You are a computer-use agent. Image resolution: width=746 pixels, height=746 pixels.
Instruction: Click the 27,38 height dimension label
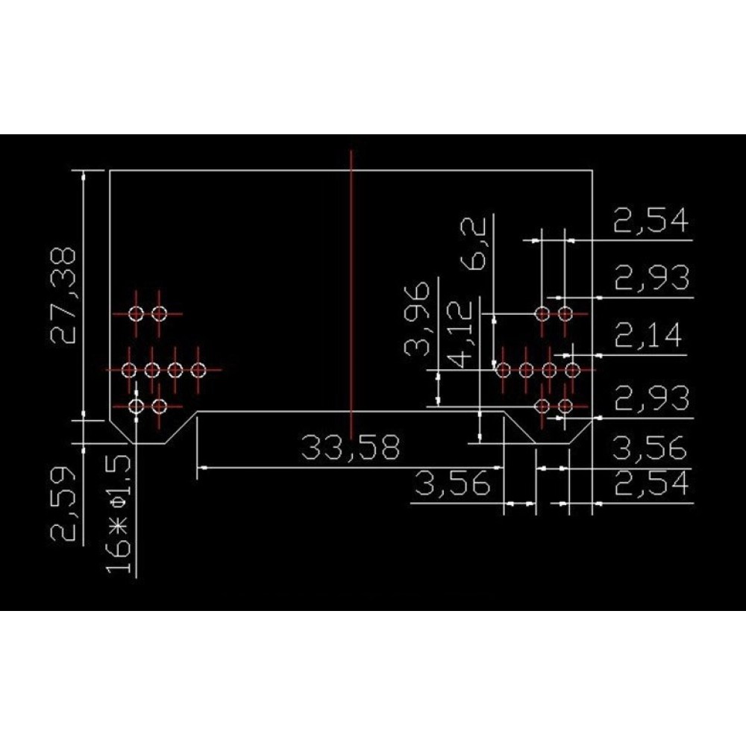coord(63,295)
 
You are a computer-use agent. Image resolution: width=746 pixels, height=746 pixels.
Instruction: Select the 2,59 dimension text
coord(63,504)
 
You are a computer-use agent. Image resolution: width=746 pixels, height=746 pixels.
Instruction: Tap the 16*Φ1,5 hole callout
coord(118,514)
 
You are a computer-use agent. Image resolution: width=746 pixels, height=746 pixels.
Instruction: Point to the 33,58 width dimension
coord(351,448)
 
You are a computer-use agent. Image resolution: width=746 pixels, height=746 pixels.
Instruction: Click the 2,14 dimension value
coord(648,335)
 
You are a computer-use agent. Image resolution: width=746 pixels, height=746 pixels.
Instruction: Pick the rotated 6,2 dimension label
coord(474,244)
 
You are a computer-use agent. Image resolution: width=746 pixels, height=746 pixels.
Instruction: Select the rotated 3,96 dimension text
coord(417,319)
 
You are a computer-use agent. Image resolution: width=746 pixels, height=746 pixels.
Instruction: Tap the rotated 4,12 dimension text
coord(460,334)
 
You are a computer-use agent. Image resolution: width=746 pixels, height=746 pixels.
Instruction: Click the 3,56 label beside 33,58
coord(453,484)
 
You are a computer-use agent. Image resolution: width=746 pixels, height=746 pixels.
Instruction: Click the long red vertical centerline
coord(351,295)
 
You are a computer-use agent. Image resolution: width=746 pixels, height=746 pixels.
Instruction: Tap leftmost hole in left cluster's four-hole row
coord(129,370)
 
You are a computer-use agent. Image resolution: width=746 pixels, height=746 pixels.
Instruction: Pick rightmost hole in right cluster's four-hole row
coord(572,370)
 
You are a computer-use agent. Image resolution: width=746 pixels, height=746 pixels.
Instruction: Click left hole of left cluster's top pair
coord(136,313)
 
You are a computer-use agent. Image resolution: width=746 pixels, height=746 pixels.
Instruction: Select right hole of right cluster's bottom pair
coord(565,407)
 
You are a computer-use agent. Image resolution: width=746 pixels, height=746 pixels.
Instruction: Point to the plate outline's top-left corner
coord(110,170)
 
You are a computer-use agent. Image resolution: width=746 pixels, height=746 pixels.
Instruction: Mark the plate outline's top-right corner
coord(592,170)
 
